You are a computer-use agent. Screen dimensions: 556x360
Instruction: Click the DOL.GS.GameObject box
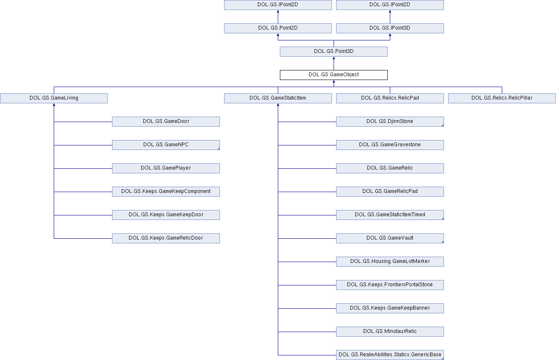point(334,75)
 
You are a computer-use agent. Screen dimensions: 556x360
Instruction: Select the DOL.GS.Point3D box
point(334,52)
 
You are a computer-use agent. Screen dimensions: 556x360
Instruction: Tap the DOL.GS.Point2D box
point(278,28)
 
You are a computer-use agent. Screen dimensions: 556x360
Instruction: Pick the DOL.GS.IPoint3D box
point(390,28)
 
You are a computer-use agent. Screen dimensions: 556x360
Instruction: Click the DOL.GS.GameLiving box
point(54,98)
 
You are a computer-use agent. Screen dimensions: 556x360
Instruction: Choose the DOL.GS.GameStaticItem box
point(278,98)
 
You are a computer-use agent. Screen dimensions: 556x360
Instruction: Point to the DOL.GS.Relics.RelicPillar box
point(502,98)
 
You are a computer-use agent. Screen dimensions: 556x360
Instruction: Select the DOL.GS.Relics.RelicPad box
point(390,98)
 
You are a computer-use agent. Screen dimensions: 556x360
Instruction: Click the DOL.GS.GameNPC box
point(166,145)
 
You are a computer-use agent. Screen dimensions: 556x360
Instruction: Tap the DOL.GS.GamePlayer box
point(166,168)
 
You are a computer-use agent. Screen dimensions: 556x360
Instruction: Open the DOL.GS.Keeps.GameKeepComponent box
point(166,192)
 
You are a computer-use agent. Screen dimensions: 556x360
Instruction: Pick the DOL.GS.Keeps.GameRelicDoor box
point(166,238)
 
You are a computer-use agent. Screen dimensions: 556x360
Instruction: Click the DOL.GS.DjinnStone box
point(390,122)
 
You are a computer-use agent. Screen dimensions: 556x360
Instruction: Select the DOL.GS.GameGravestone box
point(390,145)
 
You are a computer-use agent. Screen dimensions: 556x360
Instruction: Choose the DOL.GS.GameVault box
point(390,238)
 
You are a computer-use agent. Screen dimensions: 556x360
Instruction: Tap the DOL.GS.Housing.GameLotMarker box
point(390,262)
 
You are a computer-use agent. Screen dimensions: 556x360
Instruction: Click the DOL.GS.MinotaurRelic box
point(390,332)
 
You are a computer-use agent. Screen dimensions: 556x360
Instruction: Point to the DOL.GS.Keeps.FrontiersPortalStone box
point(390,285)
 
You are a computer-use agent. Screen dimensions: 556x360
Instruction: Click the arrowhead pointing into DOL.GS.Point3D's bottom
point(334,58)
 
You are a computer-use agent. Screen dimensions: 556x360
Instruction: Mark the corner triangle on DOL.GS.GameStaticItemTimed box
point(443,219)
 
